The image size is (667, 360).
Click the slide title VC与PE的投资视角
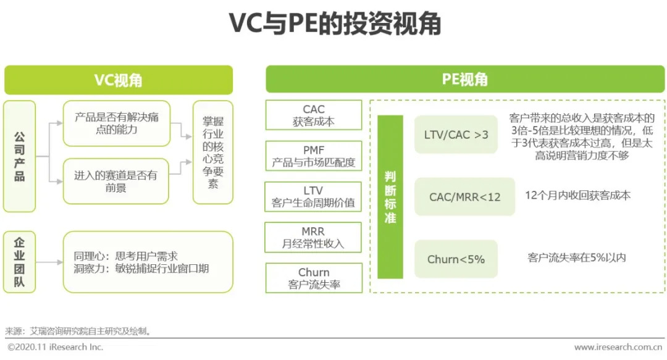coord(334,24)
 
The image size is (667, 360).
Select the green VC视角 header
coord(119,80)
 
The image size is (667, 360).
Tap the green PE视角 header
coord(465,79)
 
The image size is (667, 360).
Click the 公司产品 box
coord(19,156)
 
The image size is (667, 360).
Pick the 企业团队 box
coord(19,262)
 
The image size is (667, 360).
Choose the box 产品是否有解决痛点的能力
coord(116,123)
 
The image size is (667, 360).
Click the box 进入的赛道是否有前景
coord(116,181)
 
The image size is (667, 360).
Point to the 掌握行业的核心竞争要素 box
coord(213,152)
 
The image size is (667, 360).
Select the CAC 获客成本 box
coord(314,115)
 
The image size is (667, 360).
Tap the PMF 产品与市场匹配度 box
coord(314,156)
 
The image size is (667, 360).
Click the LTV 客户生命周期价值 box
coord(314,196)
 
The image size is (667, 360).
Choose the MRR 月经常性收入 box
coord(314,237)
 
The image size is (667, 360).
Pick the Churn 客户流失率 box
coord(314,278)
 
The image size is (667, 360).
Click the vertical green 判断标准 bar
coord(390,196)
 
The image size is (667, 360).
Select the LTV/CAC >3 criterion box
coord(456,134)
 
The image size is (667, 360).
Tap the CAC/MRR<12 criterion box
coord(464,197)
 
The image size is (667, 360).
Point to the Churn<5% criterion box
coord(456,259)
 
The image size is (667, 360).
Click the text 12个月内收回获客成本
coord(577,195)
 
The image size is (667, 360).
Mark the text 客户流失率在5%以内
coord(577,257)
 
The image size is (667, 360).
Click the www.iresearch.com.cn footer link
coord(618,348)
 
